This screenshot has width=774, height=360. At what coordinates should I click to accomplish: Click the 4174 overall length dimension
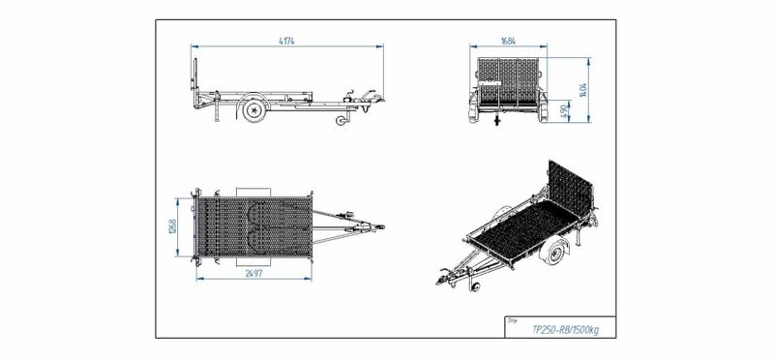tap(288, 40)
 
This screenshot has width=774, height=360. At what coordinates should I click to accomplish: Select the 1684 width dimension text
tap(507, 41)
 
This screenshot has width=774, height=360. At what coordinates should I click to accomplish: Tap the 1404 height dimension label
tap(584, 89)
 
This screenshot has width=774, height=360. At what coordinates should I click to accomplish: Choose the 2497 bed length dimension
tap(254, 275)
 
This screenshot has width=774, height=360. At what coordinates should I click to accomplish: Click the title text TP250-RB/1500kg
tap(566, 329)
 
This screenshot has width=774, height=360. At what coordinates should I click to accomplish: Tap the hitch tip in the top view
tap(381, 229)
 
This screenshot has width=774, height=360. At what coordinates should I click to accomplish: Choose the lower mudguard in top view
tap(253, 264)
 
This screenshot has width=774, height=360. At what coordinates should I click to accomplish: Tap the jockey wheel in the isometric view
tap(473, 287)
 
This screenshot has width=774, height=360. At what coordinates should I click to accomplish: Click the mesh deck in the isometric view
tap(518, 227)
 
